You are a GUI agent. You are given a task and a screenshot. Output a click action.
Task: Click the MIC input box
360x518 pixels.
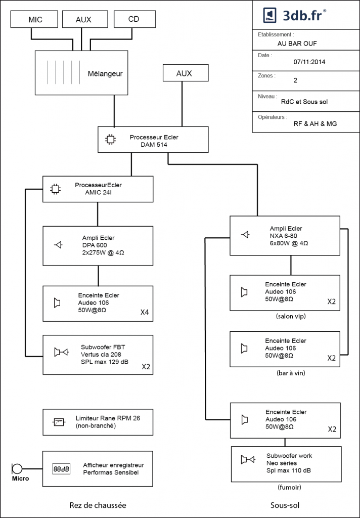pos(34,19)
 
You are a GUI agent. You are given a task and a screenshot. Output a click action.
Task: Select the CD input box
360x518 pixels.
pos(135,19)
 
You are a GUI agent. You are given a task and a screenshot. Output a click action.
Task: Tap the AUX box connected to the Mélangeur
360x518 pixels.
pos(85,19)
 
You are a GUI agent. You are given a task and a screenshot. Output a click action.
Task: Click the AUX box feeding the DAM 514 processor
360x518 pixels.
pos(186,73)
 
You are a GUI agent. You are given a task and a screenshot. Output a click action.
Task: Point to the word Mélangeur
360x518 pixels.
pos(105,74)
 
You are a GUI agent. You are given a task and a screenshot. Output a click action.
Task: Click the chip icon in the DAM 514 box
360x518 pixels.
pos(110,140)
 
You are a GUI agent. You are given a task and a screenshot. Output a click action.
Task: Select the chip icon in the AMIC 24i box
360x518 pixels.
pos(55,189)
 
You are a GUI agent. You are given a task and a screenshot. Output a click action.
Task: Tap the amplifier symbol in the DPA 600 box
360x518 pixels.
pos(59,245)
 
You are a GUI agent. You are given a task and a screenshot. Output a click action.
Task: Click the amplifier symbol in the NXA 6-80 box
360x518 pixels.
pos(245,235)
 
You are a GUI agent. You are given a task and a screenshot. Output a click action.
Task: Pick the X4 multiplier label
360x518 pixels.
pos(145,312)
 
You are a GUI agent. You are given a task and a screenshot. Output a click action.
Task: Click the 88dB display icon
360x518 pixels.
pos(61,469)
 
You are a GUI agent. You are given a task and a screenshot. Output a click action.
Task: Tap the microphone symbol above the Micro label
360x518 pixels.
pos(17,469)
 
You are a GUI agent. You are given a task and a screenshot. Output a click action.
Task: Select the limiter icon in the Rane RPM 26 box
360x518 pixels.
pos(59,422)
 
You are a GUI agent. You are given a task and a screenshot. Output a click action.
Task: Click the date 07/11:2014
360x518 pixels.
pos(309,62)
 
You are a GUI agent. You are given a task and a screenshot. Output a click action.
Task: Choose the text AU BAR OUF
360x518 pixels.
pos(297,44)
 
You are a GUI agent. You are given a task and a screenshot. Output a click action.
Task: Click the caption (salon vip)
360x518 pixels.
pos(291,317)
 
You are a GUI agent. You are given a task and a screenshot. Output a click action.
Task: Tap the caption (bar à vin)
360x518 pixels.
pos(291,373)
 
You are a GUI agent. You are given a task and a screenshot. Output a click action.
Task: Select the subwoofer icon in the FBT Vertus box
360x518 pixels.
pos(61,352)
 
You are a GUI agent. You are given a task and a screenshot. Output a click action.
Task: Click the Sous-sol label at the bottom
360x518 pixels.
pos(285,505)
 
